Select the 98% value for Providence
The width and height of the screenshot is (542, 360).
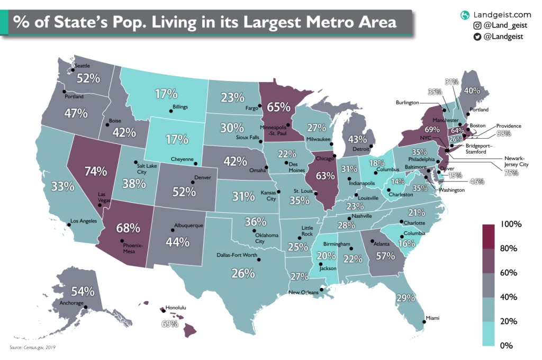pyautogui.click(x=504, y=133)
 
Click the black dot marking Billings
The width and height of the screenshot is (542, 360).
pyautogui.click(x=171, y=111)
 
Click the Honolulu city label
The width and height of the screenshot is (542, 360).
pyautogui.click(x=177, y=307)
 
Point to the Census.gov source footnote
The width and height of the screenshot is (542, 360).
pyautogui.click(x=33, y=348)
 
